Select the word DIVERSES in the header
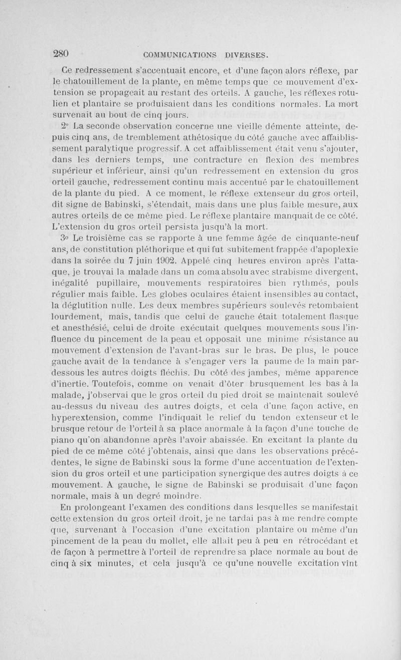tap(248, 54)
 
